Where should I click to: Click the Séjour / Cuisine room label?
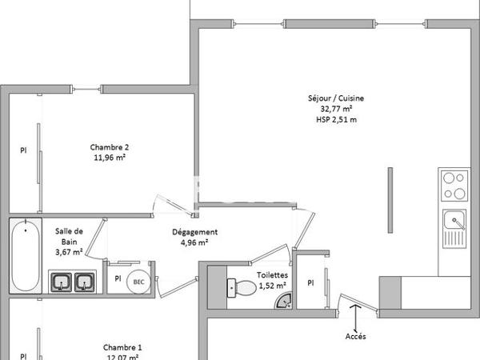point(336,98)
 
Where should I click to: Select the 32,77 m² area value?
point(336,109)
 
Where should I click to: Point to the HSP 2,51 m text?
point(336,119)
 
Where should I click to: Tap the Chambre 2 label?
point(110,147)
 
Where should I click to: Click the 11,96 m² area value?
point(110,158)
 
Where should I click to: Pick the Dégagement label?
point(194,232)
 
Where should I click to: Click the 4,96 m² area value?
point(194,242)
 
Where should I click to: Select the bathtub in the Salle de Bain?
point(26,256)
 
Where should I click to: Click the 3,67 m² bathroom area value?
point(69,252)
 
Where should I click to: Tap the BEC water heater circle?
point(138,282)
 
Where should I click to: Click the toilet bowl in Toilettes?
point(242,288)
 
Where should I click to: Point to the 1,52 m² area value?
point(273,286)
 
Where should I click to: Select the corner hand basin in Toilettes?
point(284,301)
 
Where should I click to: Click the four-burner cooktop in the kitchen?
point(454,186)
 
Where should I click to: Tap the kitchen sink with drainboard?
point(454,229)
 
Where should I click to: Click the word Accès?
point(355,337)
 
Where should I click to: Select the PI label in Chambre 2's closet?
point(23,150)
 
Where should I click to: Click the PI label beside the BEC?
point(118,278)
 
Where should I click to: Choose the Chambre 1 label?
point(122,348)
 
